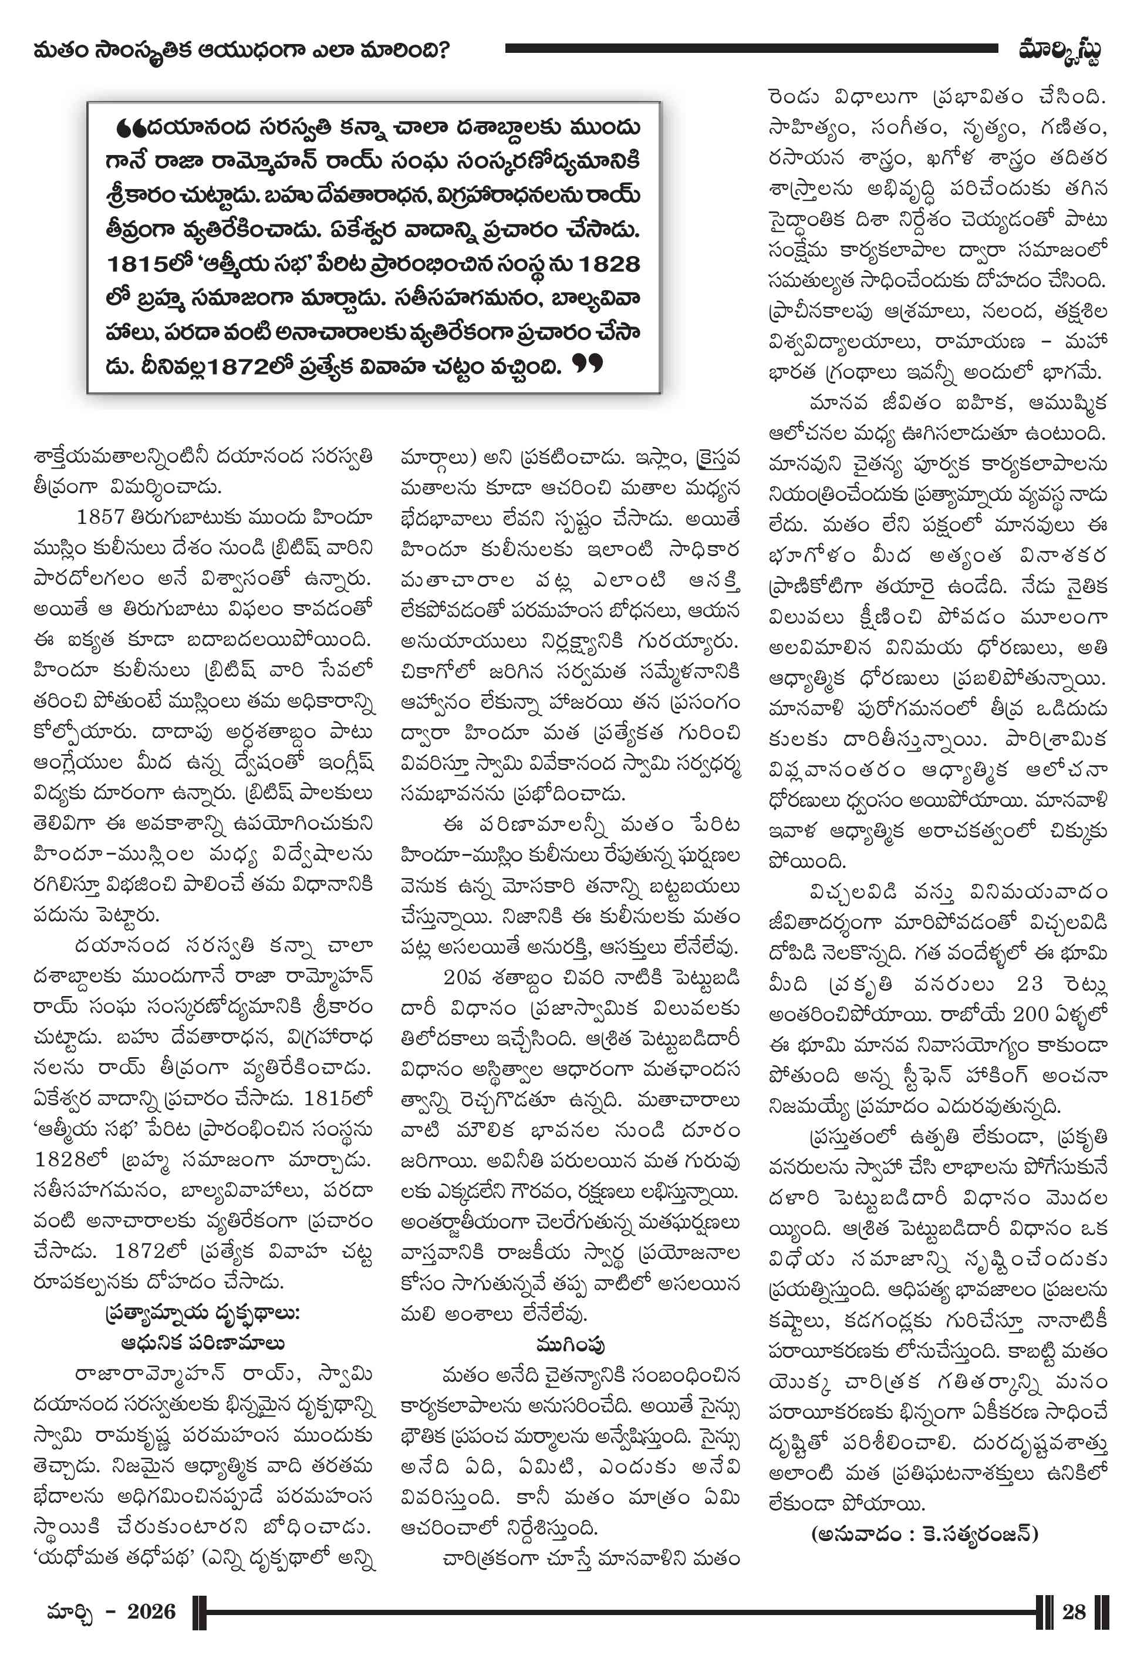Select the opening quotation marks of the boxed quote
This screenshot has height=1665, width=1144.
[x=130, y=129]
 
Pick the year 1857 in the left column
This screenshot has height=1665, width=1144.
[x=100, y=517]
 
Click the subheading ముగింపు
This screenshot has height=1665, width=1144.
[x=570, y=1344]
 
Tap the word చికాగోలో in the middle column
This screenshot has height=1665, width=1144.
[x=438, y=672]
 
